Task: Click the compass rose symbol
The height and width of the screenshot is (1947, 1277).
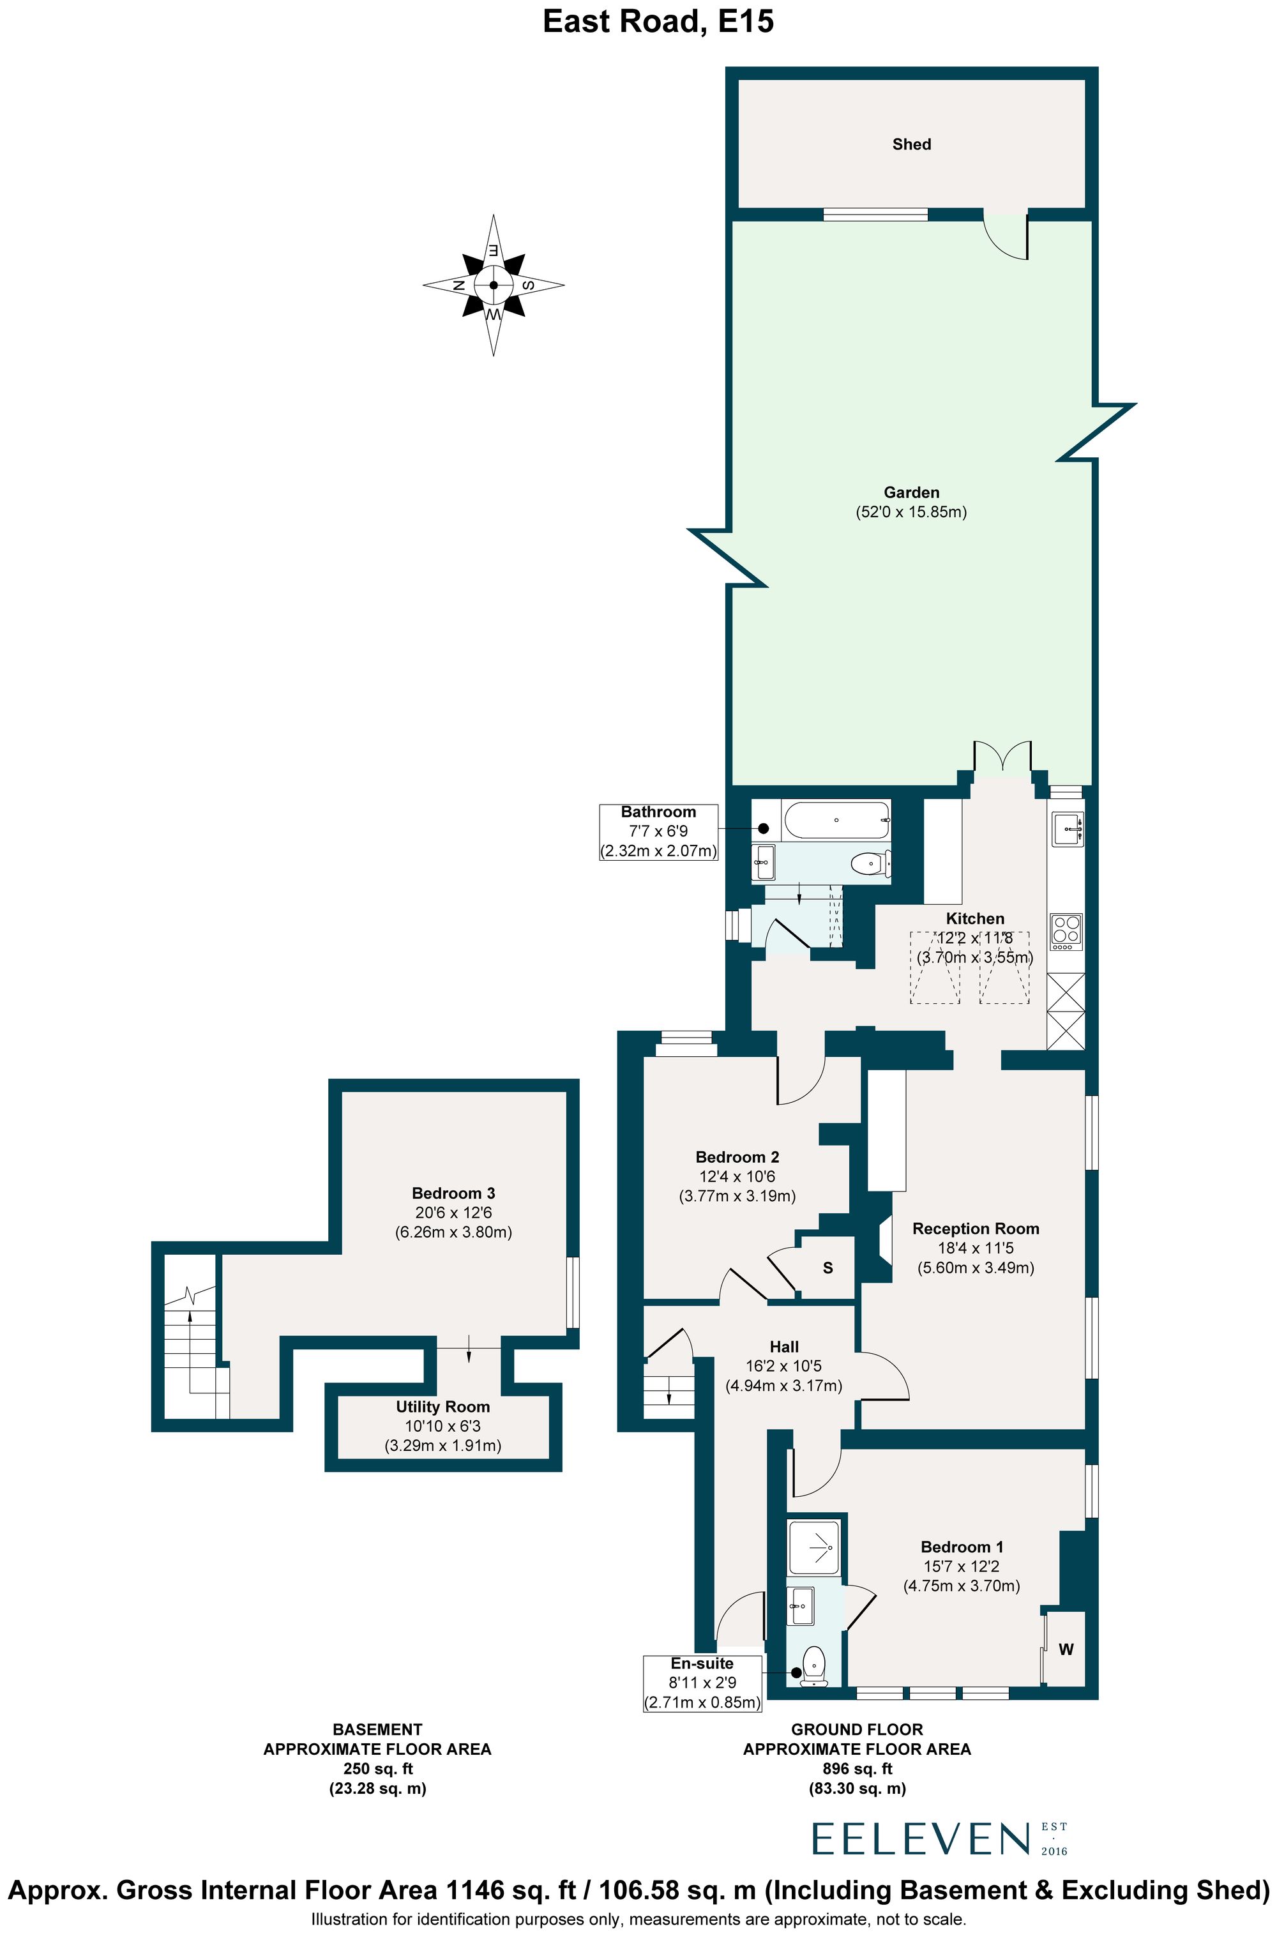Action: [x=494, y=285]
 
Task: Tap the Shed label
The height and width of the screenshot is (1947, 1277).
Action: [x=911, y=144]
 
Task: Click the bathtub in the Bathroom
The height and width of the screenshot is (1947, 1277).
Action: [x=836, y=819]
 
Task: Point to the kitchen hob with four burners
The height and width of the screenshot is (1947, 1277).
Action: [x=1066, y=930]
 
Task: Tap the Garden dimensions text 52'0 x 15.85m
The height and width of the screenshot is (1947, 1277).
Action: [x=911, y=512]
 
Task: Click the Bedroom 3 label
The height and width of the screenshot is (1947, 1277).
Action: [x=453, y=1193]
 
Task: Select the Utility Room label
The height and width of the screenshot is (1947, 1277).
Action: [x=442, y=1406]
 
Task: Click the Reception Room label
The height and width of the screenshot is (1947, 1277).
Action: [x=975, y=1229]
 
